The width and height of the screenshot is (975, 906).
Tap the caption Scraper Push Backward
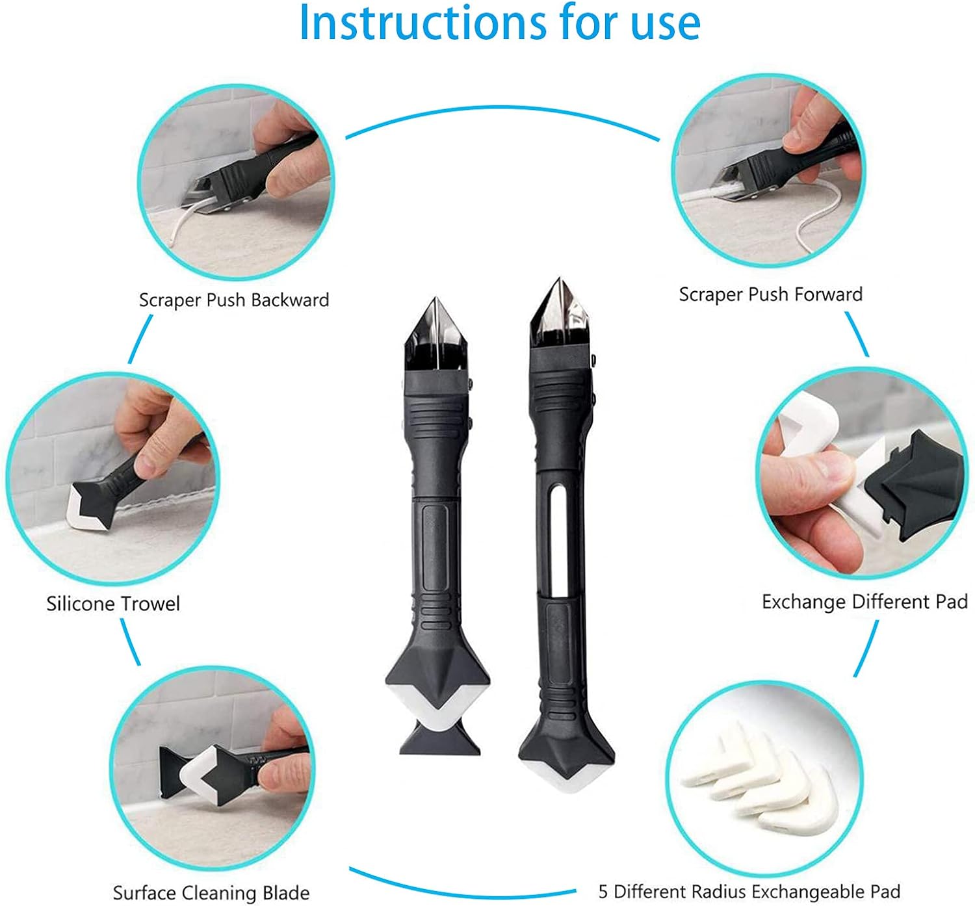coord(234,300)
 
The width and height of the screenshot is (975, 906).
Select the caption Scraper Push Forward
coord(771,294)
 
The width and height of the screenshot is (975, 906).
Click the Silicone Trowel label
coord(113,604)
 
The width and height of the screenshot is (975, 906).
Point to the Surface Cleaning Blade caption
coord(211,892)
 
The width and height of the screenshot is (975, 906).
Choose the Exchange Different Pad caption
coord(864,602)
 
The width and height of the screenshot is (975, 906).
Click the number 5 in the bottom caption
coord(603,892)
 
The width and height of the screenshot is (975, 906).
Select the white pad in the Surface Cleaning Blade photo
coord(201,773)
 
